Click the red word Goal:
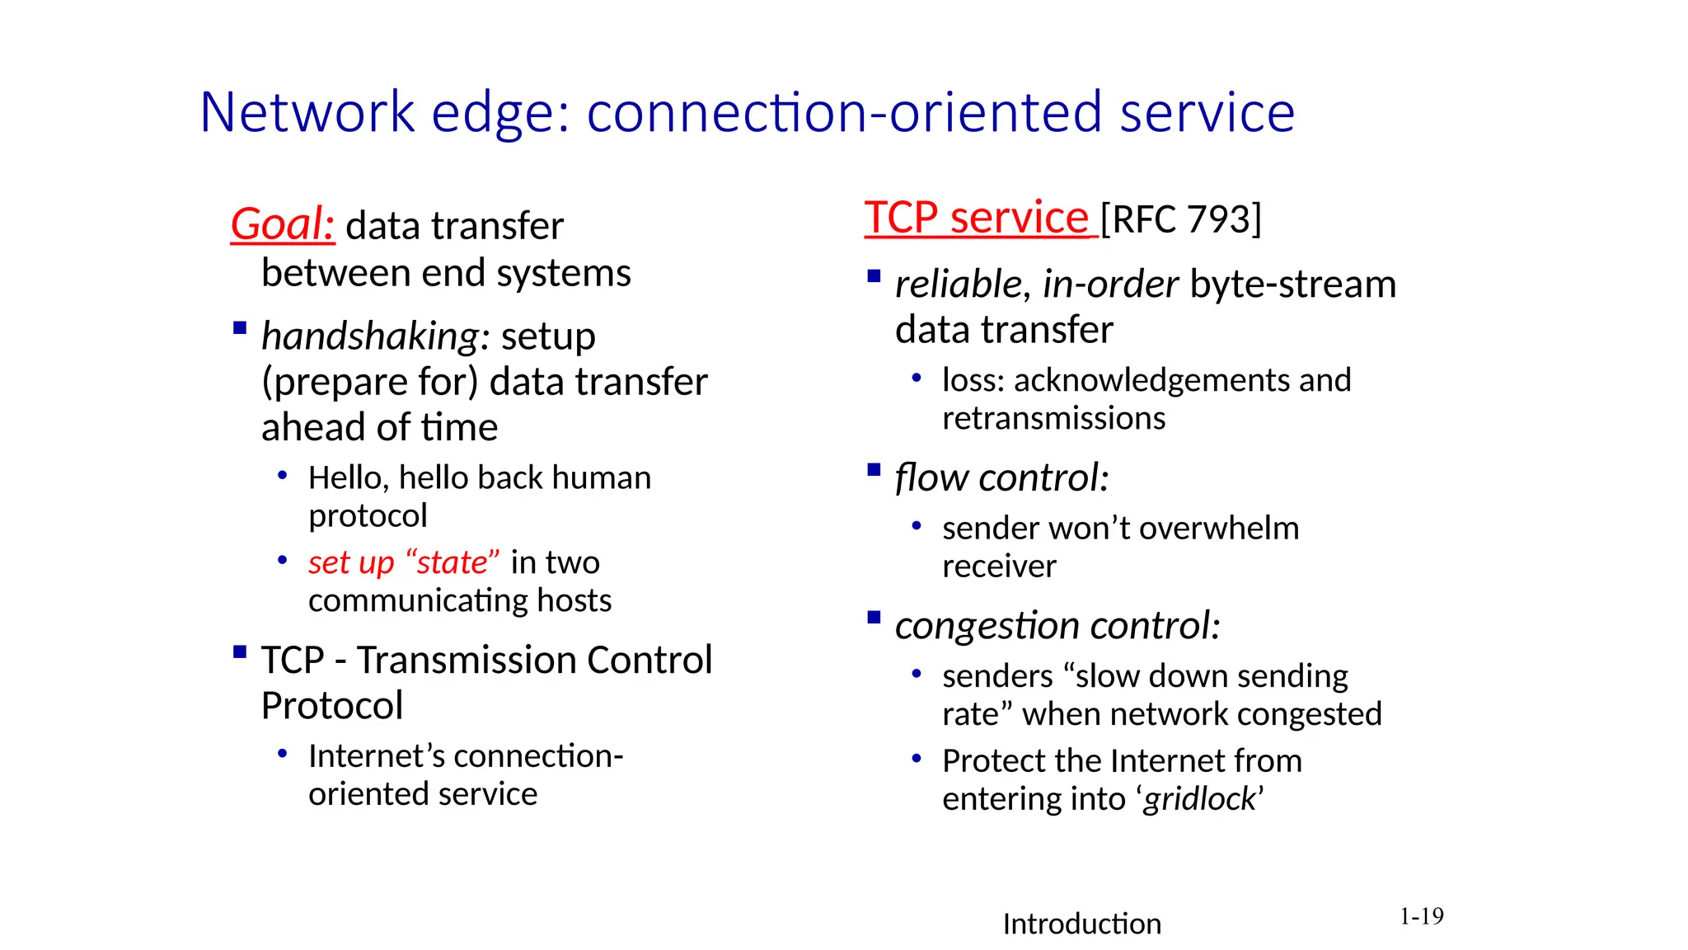282,224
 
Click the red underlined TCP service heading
978,218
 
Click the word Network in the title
307,112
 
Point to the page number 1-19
1421,916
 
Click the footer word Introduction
1081,924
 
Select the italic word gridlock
1199,798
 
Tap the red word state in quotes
452,562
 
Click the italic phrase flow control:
1001,477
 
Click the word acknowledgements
1151,380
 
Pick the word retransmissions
1053,418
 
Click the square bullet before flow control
874,471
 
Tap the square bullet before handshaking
240,328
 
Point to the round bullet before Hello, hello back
283,476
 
